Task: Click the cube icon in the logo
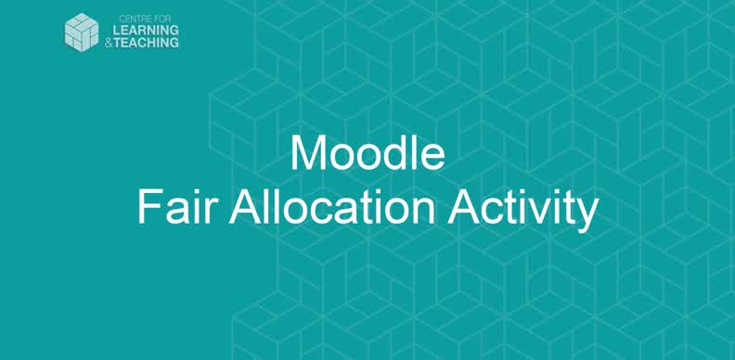click(81, 32)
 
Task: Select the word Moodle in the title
click(367, 154)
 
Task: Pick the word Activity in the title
click(522, 208)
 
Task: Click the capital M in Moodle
click(307, 154)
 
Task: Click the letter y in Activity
click(586, 213)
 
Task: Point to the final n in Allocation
click(423, 212)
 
